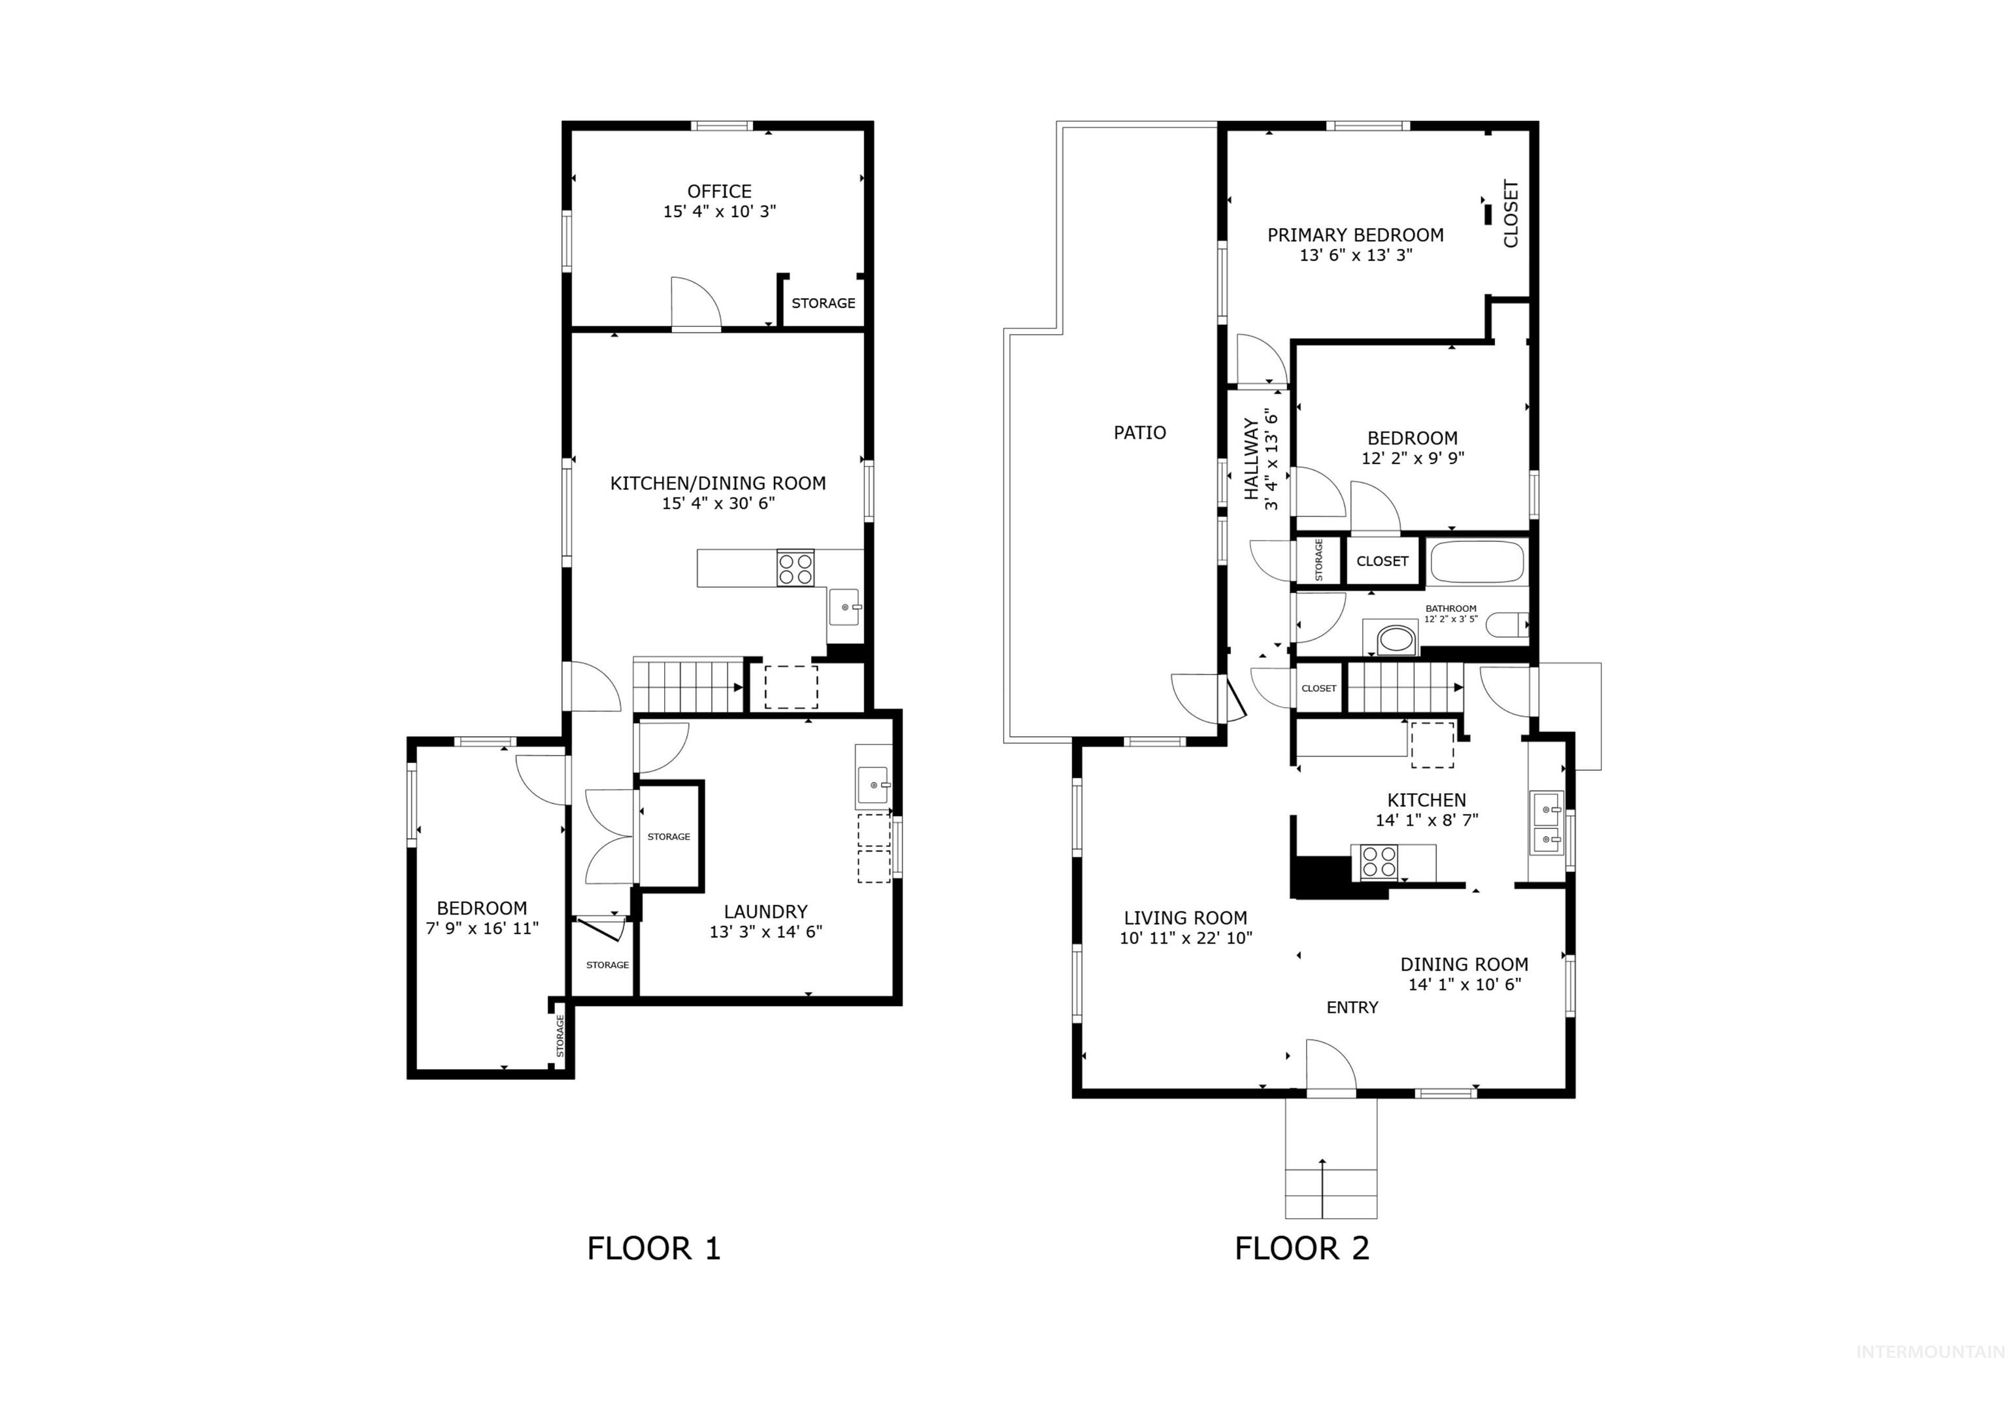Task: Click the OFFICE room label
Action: click(x=719, y=191)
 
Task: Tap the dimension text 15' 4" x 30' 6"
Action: click(x=718, y=503)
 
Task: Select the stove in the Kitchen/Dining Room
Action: click(x=795, y=568)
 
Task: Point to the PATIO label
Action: click(x=1139, y=432)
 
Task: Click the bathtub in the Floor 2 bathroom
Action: click(x=1477, y=562)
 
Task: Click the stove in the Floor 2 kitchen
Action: click(x=1379, y=862)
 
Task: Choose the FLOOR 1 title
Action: click(x=653, y=1249)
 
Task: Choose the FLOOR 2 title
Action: click(x=1301, y=1249)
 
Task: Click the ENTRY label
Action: click(x=1352, y=1007)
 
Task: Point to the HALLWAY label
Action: click(x=1252, y=460)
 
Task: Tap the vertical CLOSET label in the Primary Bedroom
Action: click(x=1511, y=214)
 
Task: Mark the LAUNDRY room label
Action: click(x=765, y=911)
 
